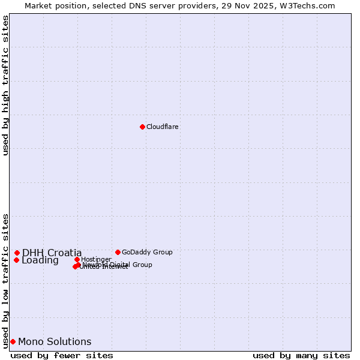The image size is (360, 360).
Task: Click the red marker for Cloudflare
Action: [142, 127]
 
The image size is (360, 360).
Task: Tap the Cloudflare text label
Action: [162, 127]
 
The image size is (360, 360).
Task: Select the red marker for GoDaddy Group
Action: [118, 252]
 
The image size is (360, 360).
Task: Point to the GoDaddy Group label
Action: [147, 252]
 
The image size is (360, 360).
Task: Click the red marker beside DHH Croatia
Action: [17, 253]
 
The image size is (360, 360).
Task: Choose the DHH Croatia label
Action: [52, 253]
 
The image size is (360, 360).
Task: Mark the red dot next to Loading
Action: [16, 260]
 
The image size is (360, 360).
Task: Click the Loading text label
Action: [40, 260]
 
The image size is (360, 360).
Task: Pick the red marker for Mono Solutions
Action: [13, 341]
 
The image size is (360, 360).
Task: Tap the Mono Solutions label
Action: [55, 341]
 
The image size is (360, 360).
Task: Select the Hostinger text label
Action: [96, 259]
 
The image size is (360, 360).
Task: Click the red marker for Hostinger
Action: [77, 259]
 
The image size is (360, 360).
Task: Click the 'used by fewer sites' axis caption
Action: [62, 355]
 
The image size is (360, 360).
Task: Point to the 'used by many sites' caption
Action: [301, 355]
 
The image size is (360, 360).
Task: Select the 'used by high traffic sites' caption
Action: [5, 85]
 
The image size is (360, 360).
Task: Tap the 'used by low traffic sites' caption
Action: [5, 280]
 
